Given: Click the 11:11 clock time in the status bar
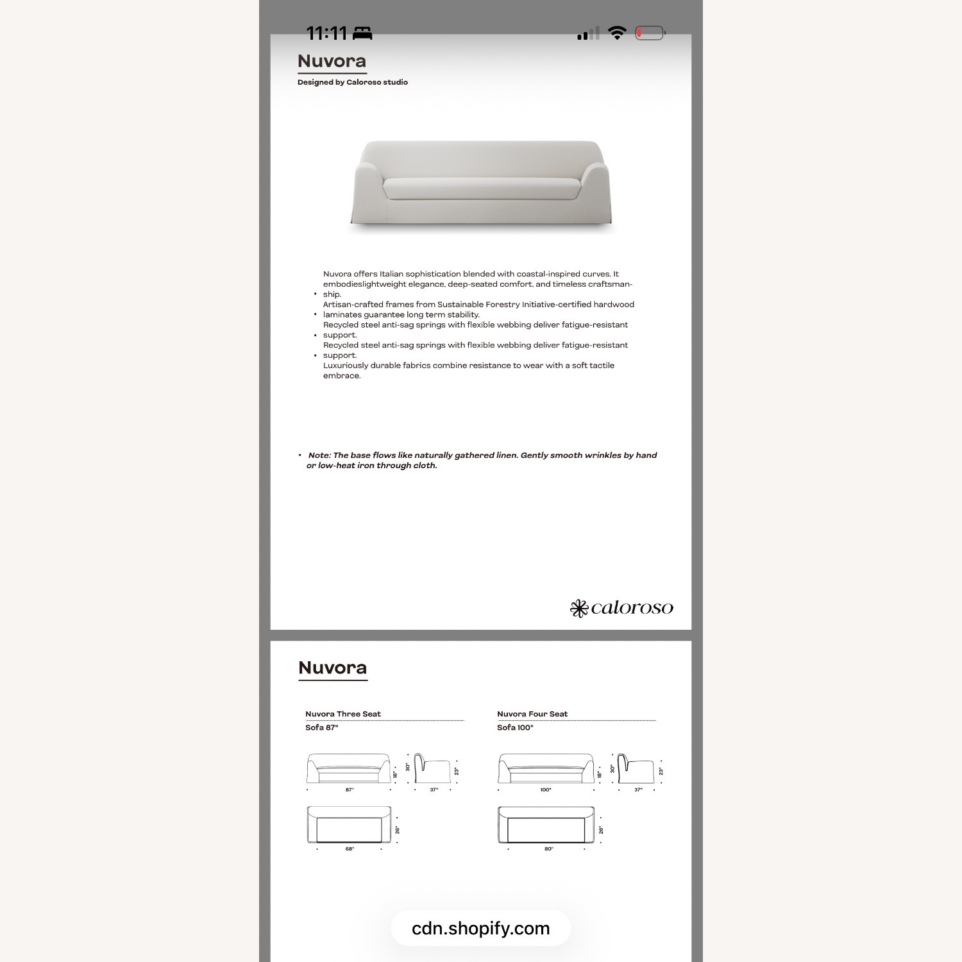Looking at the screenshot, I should click(x=326, y=33).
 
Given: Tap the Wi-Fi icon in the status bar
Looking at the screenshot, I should click(x=617, y=33).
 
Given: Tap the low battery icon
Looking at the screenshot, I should click(x=650, y=33).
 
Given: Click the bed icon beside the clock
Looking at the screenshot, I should click(x=362, y=33).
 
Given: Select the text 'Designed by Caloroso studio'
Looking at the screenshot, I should click(x=352, y=82).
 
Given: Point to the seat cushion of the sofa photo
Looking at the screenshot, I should click(x=481, y=189).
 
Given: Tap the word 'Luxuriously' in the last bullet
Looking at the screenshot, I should click(x=346, y=366).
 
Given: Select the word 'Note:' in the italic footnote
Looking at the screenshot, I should click(x=319, y=455).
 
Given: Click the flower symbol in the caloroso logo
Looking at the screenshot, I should click(x=579, y=608).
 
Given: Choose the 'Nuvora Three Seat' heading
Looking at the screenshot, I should click(x=342, y=714).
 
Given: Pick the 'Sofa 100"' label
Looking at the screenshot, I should click(x=515, y=727).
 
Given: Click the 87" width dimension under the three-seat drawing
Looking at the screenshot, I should click(x=350, y=789).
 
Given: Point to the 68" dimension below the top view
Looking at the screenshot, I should click(x=350, y=848).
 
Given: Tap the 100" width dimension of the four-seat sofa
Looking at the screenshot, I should click(x=545, y=789).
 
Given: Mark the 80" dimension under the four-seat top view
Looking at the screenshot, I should click(x=548, y=848).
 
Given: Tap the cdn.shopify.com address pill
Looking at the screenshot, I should click(x=480, y=928).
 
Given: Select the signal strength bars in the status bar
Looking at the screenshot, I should click(x=587, y=33).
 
